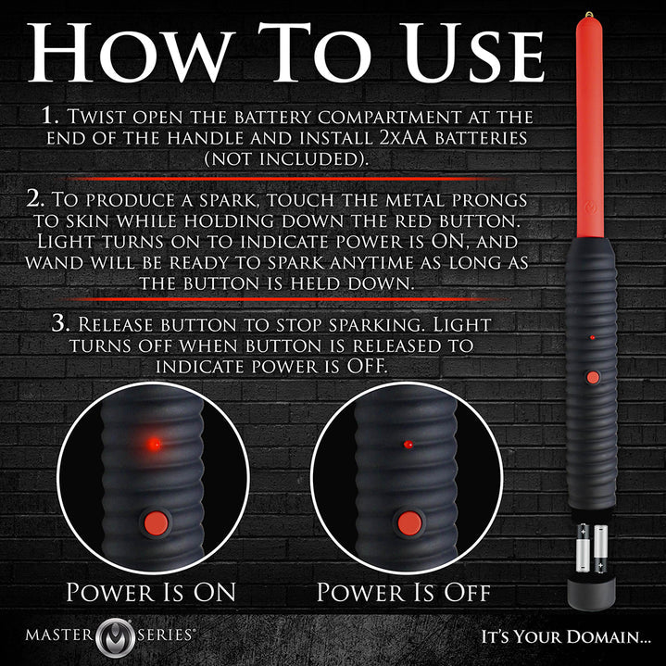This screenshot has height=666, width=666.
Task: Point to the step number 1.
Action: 50,119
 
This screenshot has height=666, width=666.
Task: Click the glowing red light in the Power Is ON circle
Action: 155,445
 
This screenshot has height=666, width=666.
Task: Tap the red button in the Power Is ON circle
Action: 155,522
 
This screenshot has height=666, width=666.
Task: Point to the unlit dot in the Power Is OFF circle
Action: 408,445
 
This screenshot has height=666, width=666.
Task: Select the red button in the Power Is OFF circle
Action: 408,522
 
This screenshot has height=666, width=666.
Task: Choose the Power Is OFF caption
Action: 404,592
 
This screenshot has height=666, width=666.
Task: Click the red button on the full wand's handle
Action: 591,377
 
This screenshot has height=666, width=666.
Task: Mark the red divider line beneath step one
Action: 287,177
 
